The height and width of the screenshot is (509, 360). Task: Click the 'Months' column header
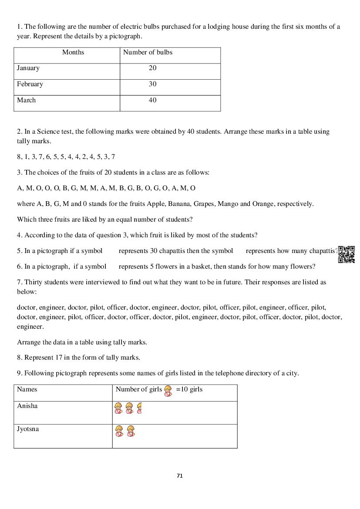tap(73, 52)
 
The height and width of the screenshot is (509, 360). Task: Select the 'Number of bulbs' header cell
tap(148, 52)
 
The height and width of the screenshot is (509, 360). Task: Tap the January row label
tap(28, 68)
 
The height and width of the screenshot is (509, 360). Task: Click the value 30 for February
tap(152, 84)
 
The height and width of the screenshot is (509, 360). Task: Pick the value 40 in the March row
tap(152, 100)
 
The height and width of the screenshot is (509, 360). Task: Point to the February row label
tap(30, 84)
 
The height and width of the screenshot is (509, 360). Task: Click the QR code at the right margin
tap(347, 254)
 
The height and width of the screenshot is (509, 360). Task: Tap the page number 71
tap(180, 475)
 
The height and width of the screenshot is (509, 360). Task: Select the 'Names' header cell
tap(27, 389)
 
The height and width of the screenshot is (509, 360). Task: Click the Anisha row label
tap(27, 406)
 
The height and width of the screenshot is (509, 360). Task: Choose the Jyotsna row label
tap(28, 429)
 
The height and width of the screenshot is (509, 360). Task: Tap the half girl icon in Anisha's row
tap(139, 408)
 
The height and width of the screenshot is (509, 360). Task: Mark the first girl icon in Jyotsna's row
tap(119, 431)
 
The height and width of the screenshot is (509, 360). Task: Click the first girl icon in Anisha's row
tap(118, 408)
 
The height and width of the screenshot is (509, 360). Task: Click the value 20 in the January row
tap(152, 68)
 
